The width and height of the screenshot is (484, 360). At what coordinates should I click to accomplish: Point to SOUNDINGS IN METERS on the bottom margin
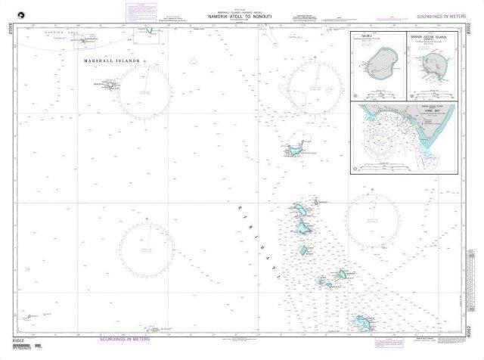click(x=126, y=339)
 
